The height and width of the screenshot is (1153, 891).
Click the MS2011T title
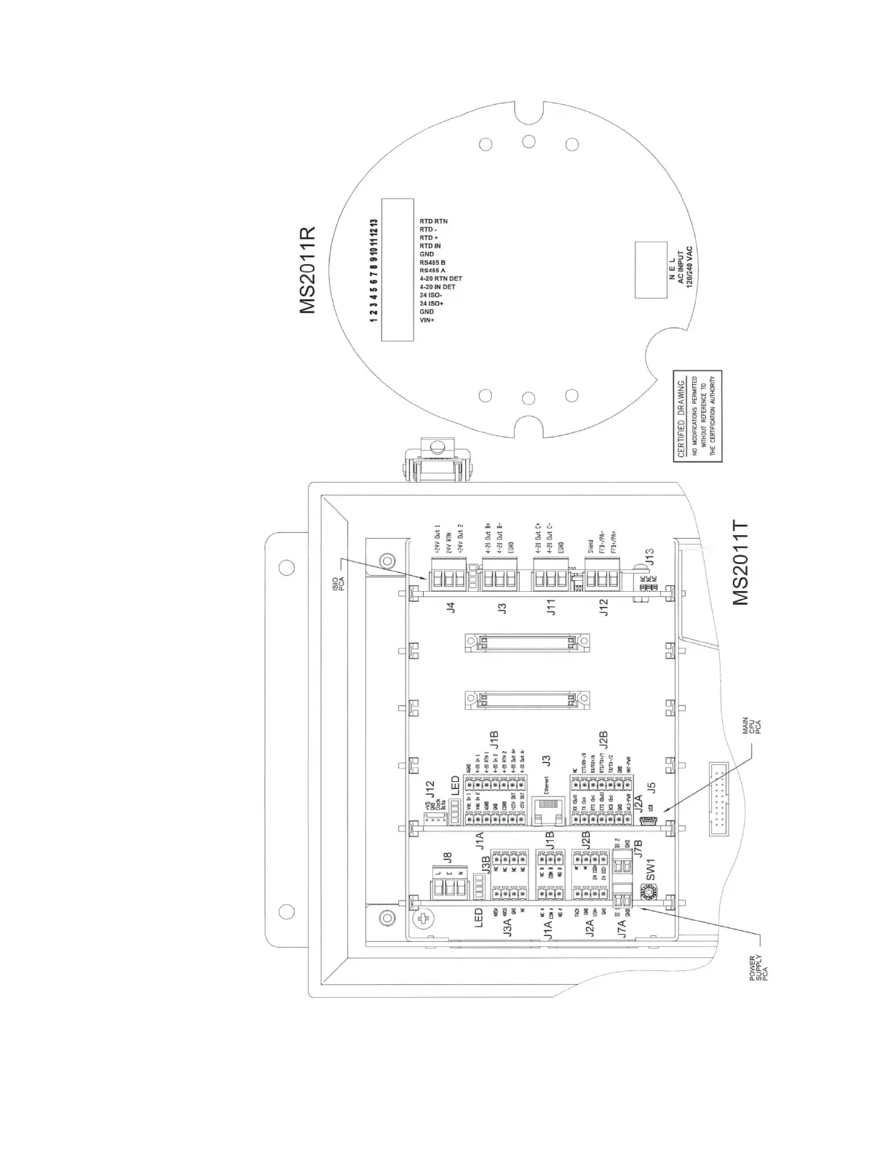pos(741,562)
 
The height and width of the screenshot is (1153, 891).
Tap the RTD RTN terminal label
pos(434,221)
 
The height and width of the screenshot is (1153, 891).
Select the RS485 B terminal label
pos(432,262)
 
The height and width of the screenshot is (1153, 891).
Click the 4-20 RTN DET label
pos(441,279)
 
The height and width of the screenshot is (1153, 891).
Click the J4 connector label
pos(451,607)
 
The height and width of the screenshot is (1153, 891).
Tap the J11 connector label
pos(551,607)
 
